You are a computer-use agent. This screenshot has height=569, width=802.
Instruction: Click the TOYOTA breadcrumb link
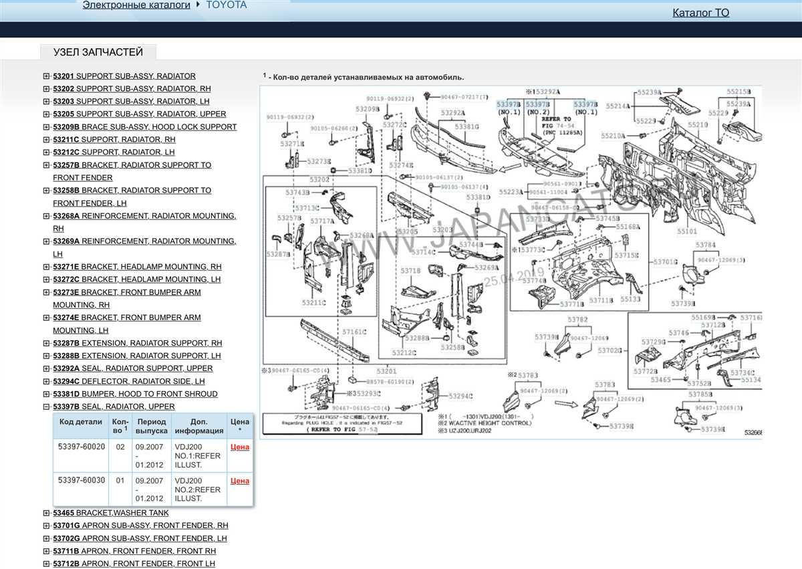[x=226, y=5]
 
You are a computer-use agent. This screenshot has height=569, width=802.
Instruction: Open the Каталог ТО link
[x=700, y=13]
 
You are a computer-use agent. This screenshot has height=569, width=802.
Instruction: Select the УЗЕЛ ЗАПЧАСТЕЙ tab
[x=98, y=52]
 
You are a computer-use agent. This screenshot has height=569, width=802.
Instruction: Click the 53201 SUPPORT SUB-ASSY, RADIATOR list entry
[x=124, y=76]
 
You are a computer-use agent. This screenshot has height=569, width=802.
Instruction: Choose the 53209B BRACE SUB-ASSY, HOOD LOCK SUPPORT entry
[x=145, y=127]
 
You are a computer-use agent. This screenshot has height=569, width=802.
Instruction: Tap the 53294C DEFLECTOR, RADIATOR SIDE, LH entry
[x=129, y=381]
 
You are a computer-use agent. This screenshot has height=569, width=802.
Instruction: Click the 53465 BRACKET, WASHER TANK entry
[x=111, y=513]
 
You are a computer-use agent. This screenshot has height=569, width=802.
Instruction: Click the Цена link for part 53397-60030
[x=240, y=481]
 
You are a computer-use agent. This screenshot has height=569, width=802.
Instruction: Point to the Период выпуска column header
[x=151, y=427]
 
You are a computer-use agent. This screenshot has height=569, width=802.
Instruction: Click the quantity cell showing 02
[x=120, y=447]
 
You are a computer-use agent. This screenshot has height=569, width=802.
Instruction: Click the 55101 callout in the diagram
[x=686, y=231]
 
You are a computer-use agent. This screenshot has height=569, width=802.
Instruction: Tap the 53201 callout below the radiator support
[x=386, y=371]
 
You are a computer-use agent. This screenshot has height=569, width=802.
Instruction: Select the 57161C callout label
[x=354, y=332]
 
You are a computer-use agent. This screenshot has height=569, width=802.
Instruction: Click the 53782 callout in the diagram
[x=578, y=320]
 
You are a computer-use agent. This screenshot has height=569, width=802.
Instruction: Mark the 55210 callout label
[x=698, y=125]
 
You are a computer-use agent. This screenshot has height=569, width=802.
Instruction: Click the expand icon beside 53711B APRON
[x=46, y=551]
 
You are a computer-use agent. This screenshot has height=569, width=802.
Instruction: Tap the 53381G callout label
[x=466, y=126]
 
